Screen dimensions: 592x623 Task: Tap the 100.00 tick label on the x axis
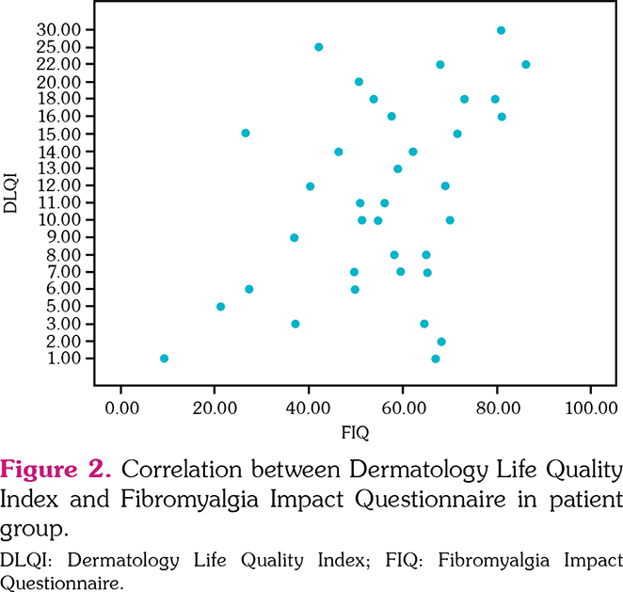coord(590,408)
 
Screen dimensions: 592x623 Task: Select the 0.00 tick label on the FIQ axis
coord(120,408)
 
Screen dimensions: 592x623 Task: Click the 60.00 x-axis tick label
coord(403,408)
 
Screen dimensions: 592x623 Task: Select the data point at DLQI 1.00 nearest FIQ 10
coord(164,359)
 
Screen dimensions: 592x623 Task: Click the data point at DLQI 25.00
coord(319,47)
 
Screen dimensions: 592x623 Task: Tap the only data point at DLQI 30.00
coord(501,30)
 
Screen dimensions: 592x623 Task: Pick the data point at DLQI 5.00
coord(220,307)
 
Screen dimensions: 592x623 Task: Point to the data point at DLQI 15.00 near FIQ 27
coord(246,133)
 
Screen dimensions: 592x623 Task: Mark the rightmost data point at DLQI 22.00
coord(525,65)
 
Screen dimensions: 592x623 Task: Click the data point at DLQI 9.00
coord(295,238)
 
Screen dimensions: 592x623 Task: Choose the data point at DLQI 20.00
coord(359,82)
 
